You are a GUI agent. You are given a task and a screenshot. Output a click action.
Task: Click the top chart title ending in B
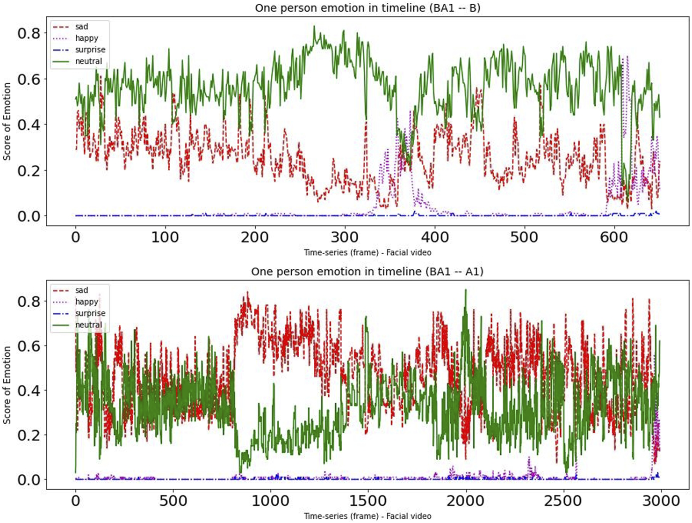(367, 8)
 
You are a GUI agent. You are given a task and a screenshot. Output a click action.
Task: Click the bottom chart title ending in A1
(367, 272)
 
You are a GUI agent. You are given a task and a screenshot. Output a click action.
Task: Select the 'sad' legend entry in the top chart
(81, 27)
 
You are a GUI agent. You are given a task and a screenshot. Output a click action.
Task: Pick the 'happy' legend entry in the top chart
(86, 38)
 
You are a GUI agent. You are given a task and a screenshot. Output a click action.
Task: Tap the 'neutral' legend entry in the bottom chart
(88, 324)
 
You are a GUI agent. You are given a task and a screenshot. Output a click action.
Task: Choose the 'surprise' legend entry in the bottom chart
(90, 313)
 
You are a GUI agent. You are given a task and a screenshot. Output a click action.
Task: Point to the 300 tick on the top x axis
(345, 237)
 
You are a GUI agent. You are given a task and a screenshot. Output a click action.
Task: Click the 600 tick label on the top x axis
(614, 237)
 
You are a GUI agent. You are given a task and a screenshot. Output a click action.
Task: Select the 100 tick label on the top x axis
(165, 237)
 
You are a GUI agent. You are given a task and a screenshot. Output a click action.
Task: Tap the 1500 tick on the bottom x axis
(368, 501)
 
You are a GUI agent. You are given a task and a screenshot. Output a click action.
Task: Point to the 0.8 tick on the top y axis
(29, 33)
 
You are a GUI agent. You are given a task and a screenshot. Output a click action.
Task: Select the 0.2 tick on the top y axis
(29, 170)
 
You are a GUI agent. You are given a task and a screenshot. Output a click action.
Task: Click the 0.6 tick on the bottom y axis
(29, 346)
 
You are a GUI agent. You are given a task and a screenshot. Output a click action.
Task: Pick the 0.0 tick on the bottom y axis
(29, 480)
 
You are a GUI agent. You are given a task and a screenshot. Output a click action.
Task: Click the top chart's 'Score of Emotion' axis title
(7, 122)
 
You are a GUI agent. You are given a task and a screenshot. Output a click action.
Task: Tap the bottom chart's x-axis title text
(367, 516)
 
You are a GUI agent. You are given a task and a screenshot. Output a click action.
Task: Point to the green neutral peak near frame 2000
(465, 290)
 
